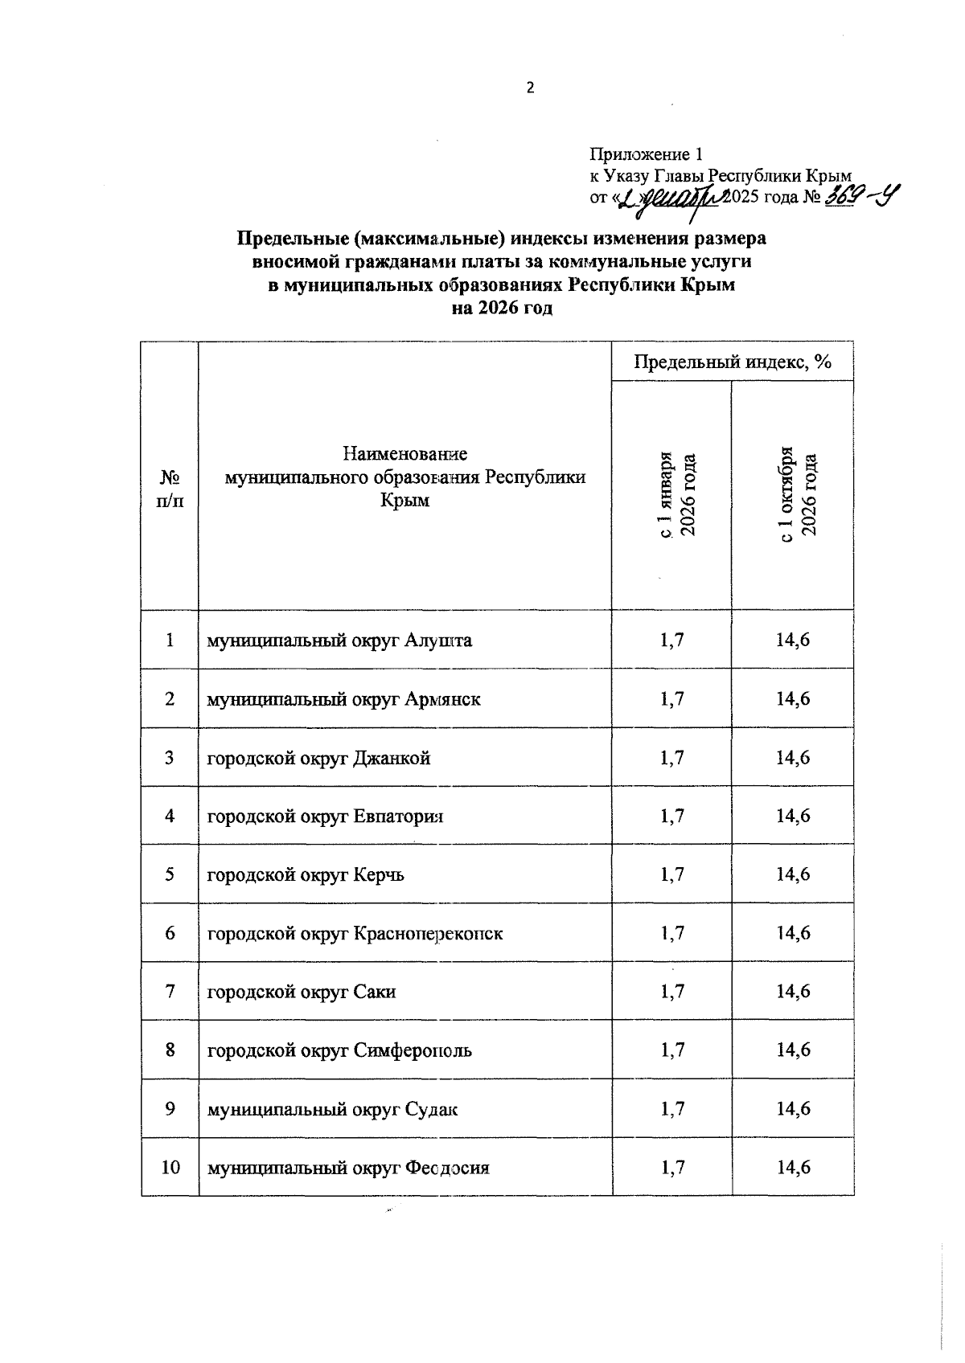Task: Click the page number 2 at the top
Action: click(x=530, y=89)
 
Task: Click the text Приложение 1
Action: click(x=647, y=153)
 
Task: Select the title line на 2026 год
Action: click(x=503, y=309)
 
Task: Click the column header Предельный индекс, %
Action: click(x=732, y=362)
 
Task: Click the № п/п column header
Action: click(x=170, y=489)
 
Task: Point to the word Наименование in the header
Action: click(x=404, y=453)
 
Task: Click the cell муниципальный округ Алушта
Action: click(x=339, y=641)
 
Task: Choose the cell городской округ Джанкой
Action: click(x=318, y=758)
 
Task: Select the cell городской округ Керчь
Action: click(x=306, y=874)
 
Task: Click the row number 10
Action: click(x=170, y=1167)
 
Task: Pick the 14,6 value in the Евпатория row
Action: click(x=792, y=816)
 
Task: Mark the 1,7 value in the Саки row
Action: click(x=672, y=992)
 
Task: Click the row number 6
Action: click(x=170, y=933)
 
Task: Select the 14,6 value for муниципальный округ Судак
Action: click(x=792, y=1109)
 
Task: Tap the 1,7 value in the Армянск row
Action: click(x=672, y=699)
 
